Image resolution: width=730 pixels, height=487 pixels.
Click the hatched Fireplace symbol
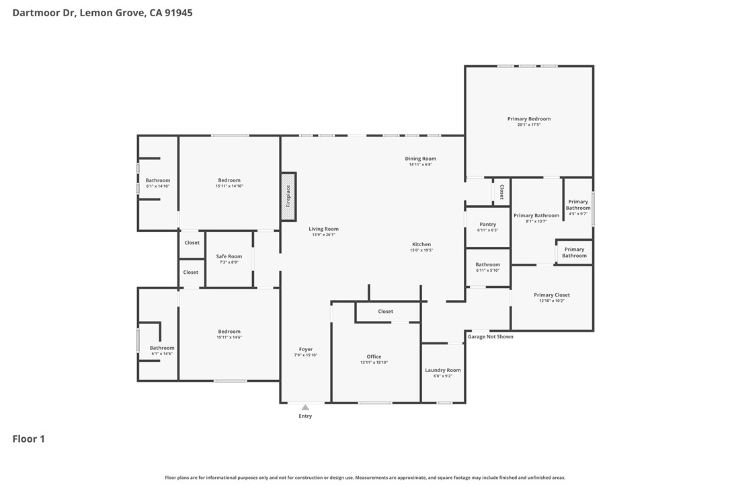(288, 196)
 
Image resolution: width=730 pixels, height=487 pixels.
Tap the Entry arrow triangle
(305, 407)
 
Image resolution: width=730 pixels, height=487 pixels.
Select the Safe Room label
(229, 256)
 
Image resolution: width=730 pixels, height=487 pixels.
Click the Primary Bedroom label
(529, 119)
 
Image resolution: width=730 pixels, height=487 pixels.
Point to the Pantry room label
(488, 225)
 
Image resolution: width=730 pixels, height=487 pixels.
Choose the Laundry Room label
(443, 370)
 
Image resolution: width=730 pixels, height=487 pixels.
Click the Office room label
(374, 357)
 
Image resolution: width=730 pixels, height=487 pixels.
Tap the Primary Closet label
(552, 295)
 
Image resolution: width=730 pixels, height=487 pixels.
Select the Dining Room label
(421, 159)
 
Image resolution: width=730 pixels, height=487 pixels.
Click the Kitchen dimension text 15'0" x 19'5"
(421, 250)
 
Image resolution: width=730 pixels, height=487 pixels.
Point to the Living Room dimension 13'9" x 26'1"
(323, 235)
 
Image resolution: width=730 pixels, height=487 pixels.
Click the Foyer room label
(306, 349)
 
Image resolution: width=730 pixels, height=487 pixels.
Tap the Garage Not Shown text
(491, 336)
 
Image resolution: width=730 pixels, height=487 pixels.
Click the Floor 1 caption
(29, 439)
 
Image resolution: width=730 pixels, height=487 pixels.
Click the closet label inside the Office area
(386, 311)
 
